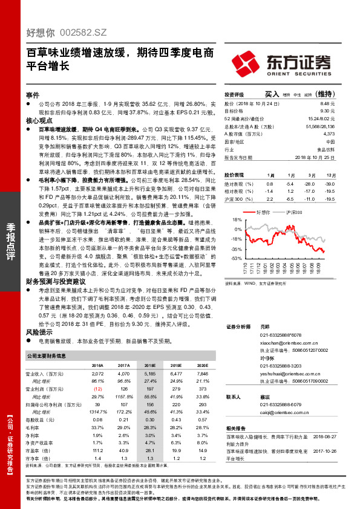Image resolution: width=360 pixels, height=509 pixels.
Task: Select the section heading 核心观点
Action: [x=36, y=121]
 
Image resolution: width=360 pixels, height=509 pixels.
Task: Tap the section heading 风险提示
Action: [x=36, y=332]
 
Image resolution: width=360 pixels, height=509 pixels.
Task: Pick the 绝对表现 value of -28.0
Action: [x=310, y=183]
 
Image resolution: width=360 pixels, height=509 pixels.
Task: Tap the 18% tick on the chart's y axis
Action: [x=238, y=221]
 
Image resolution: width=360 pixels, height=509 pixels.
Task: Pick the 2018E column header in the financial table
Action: [x=149, y=366]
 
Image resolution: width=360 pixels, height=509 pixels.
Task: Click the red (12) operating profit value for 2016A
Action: [x=97, y=389]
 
